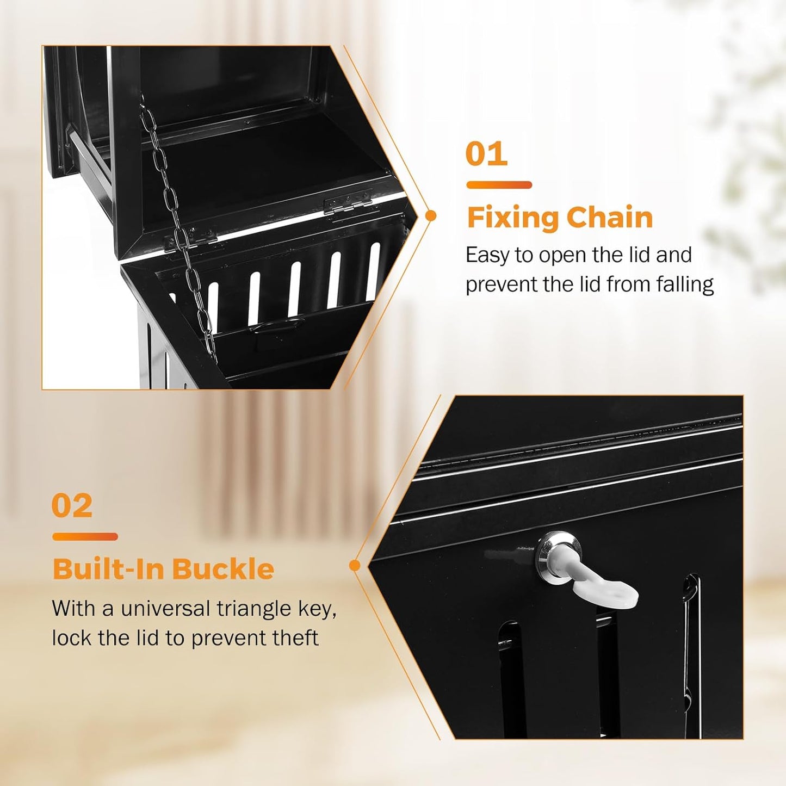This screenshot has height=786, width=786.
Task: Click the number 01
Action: click(x=486, y=154)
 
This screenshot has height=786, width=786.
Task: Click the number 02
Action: click(x=72, y=506)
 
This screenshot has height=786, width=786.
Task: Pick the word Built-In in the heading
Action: click(x=108, y=570)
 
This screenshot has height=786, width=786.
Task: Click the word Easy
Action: click(x=487, y=256)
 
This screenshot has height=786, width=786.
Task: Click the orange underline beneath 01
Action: click(x=499, y=185)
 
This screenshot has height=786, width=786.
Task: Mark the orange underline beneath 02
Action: click(x=85, y=537)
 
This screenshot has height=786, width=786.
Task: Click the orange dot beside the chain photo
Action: click(x=431, y=216)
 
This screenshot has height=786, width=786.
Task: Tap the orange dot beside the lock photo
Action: click(x=355, y=566)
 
